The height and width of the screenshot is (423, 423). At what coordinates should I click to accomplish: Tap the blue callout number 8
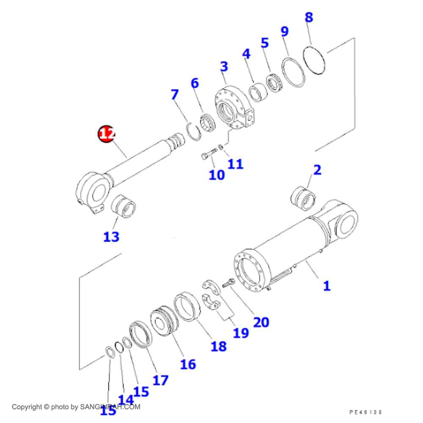pyautogui.click(x=309, y=18)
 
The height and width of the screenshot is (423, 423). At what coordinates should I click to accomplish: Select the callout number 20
pyautogui.click(x=261, y=322)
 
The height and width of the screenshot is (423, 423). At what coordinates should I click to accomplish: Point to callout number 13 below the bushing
pyautogui.click(x=111, y=236)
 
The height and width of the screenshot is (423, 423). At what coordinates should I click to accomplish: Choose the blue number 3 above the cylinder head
pyautogui.click(x=224, y=66)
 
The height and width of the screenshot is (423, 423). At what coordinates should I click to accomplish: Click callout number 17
pyautogui.click(x=160, y=380)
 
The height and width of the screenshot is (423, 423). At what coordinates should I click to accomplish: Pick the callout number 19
pyautogui.click(x=241, y=332)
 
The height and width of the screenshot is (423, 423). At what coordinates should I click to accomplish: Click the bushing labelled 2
pyautogui.click(x=303, y=197)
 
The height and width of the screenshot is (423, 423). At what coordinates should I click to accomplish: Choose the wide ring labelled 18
pyautogui.click(x=187, y=306)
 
